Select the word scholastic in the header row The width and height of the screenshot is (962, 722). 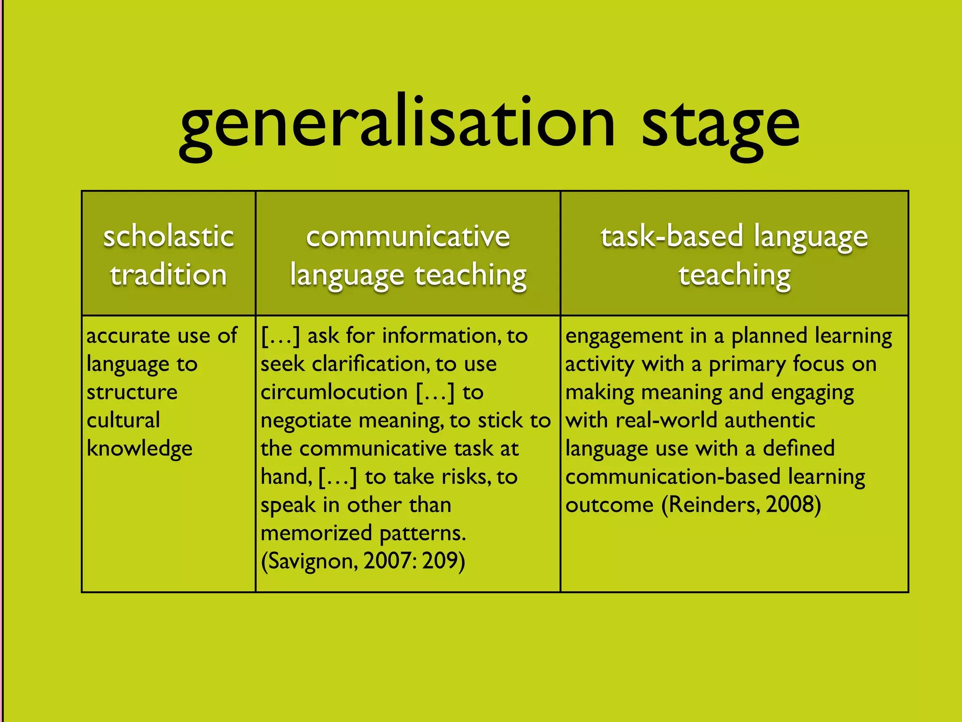coord(169,236)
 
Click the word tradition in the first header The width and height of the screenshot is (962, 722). coord(169,275)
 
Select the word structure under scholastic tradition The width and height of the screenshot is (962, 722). coord(132,392)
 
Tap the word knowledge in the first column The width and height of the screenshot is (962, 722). coord(140,449)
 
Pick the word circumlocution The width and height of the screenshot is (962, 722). coord(334,392)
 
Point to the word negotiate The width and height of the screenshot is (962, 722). coord(305,420)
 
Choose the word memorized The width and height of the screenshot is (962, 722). coord(316,533)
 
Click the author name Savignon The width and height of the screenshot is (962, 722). coord(310,561)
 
